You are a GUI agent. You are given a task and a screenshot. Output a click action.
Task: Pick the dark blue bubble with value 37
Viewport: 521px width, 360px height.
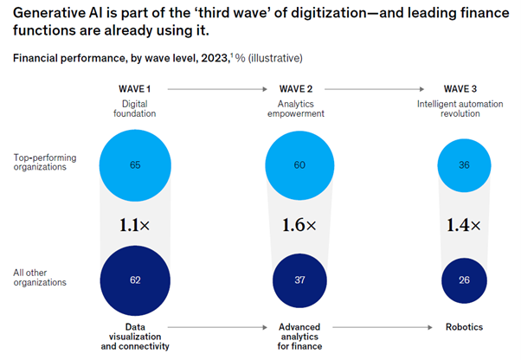pyautogui.click(x=299, y=280)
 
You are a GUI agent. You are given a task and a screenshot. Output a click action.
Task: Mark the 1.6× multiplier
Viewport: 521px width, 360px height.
pyautogui.click(x=299, y=223)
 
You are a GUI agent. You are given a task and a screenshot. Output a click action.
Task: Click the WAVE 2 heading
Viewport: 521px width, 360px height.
pyautogui.click(x=299, y=88)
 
